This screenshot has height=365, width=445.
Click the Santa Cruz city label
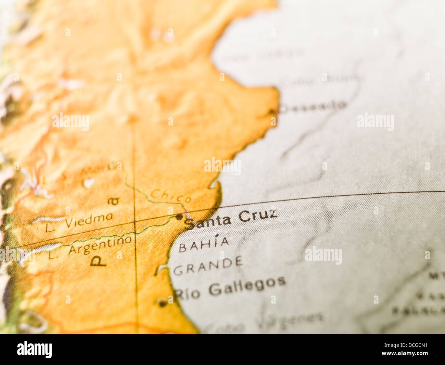231,219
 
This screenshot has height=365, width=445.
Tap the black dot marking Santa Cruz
179,217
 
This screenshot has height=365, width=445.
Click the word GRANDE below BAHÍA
208,266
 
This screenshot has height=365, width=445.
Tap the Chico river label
171,196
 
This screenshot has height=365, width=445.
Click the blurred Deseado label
313,106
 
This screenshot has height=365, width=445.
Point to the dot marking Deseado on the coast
272,111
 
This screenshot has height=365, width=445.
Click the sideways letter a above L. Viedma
113,201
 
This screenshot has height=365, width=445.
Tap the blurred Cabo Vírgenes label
265,320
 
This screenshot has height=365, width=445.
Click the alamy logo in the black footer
34,350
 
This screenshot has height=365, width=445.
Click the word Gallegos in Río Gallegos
247,286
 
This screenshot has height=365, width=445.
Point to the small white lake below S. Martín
89,183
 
